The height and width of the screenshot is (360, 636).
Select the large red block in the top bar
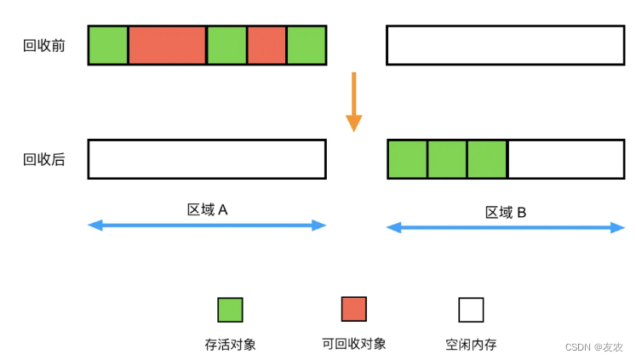pos(167,45)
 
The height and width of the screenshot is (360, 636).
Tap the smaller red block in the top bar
pos(266,45)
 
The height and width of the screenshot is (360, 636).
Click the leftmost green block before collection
pos(108,45)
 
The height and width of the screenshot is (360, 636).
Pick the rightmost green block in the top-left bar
pos(307,45)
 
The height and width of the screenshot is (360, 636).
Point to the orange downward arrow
pos(353,101)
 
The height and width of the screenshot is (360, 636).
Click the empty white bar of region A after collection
pos(207,159)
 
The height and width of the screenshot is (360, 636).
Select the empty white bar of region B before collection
pos(505,45)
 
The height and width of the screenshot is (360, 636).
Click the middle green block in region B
pos(447,159)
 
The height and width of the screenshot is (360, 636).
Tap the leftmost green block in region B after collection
pos(408,159)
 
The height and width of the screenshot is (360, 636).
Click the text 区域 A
pos(207,209)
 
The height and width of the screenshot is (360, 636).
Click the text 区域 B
pos(506,212)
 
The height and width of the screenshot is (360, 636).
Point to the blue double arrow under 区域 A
pos(207,226)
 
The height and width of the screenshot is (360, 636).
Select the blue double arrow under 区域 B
pos(505,228)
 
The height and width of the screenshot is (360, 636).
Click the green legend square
pos(230,309)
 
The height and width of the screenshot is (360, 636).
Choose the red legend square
pos(353,309)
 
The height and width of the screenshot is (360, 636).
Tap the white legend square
pos(471,309)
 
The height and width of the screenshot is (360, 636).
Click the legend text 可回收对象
pos(353,344)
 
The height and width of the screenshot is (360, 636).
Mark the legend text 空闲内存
pos(471,345)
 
